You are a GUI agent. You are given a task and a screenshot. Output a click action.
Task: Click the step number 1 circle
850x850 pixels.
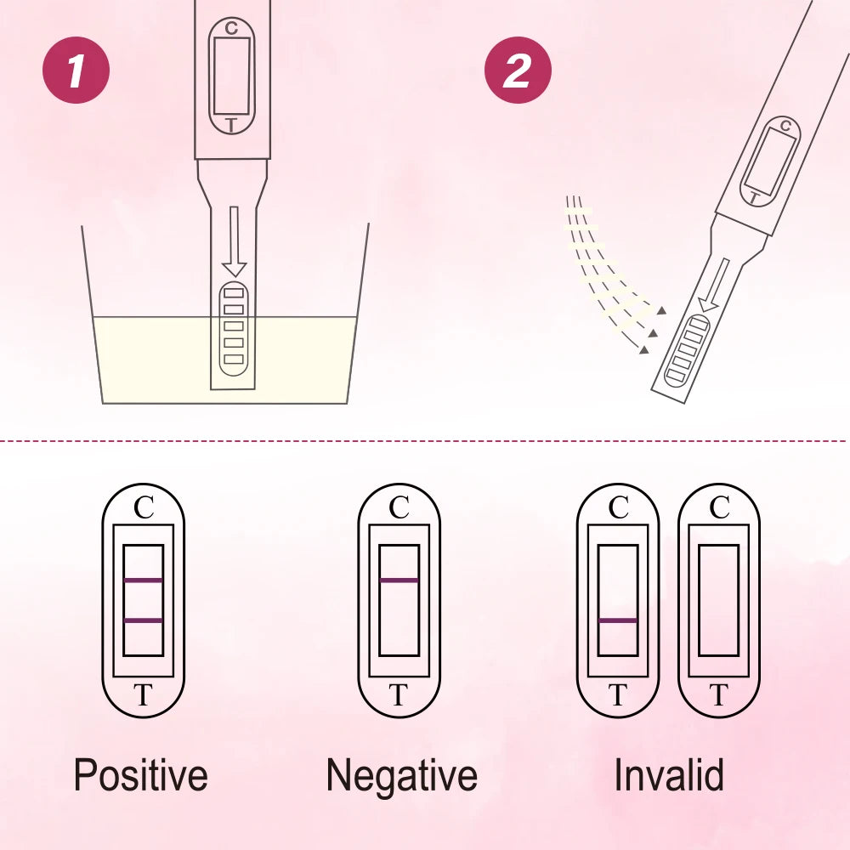pos(76,70)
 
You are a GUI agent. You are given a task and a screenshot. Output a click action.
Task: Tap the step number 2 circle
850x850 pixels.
pos(518,70)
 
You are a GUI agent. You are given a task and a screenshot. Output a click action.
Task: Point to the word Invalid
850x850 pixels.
pos(669,774)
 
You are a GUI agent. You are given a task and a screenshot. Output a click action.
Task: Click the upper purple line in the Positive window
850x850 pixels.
pos(143,581)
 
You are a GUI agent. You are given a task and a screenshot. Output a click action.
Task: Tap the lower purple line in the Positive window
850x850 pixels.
pos(143,620)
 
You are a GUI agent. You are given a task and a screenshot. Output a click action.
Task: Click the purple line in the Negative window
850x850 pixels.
pos(399,581)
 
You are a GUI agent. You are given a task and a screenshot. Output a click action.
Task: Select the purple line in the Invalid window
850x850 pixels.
pos(618,620)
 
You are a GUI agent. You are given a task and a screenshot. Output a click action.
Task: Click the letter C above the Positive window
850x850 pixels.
pos(144,508)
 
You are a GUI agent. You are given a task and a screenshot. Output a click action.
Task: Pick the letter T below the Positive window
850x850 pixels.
pos(143,694)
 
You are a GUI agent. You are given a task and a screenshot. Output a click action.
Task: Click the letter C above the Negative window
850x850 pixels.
pos(399,508)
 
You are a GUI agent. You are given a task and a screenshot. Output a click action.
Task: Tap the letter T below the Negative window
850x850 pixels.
pos(399,694)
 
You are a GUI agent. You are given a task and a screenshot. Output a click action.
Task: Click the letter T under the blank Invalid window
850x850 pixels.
pos(719,694)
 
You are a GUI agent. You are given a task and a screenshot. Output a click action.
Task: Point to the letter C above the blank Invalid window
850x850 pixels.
pos(720,508)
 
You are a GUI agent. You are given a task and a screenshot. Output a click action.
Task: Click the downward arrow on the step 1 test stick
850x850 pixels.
pos(235,241)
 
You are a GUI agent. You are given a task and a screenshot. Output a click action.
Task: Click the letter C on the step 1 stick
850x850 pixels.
pos(231,28)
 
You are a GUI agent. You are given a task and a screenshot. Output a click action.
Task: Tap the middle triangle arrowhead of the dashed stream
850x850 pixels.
pos(653,332)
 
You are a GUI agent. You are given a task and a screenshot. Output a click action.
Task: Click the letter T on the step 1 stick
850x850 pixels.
pos(231,125)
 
